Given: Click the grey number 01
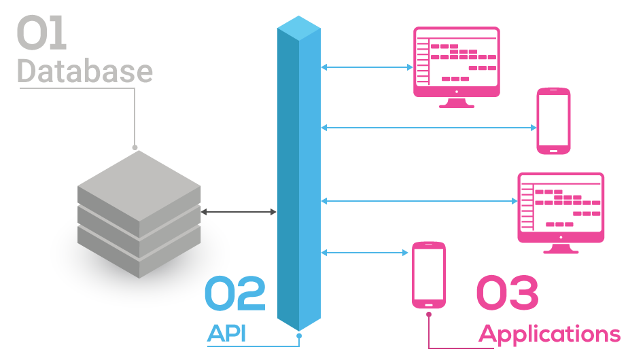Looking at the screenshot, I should click(41, 35).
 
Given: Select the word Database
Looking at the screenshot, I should click(84, 71).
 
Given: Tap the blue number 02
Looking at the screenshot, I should click(235, 293).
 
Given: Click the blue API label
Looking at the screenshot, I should click(227, 333).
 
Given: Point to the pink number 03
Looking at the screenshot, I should click(507, 293).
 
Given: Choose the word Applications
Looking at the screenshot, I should click(549, 334).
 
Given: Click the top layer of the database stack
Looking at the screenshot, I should click(139, 178).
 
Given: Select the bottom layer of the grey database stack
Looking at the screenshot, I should click(139, 255).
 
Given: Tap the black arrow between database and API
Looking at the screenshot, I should click(239, 213).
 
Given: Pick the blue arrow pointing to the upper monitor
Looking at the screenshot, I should click(367, 67).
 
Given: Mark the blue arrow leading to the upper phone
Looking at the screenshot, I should click(428, 127).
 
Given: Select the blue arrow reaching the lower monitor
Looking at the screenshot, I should click(419, 200).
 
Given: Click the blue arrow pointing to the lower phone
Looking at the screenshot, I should click(366, 253).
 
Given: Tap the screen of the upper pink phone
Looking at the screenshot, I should click(553, 120).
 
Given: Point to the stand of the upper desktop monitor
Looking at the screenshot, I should click(456, 103).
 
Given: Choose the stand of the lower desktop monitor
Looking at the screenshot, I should click(560, 247).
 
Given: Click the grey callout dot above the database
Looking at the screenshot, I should click(135, 147).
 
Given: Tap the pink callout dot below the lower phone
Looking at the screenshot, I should click(429, 314).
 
